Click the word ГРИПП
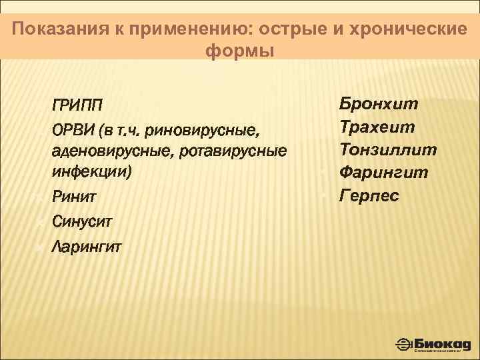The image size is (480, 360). pyautogui.click(x=78, y=105)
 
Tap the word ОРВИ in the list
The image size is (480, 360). pyautogui.click(x=71, y=129)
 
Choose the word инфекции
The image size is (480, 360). pyautogui.click(x=92, y=172)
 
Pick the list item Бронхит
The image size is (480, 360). pyautogui.click(x=379, y=103)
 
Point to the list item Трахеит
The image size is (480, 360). pyautogui.click(x=377, y=126)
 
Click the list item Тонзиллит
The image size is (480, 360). pyautogui.click(x=388, y=149)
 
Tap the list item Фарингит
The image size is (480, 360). pyautogui.click(x=384, y=173)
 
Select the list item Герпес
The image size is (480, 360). pyautogui.click(x=369, y=196)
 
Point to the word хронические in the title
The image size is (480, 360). pyautogui.click(x=408, y=29)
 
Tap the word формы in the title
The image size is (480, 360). pyautogui.click(x=240, y=51)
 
